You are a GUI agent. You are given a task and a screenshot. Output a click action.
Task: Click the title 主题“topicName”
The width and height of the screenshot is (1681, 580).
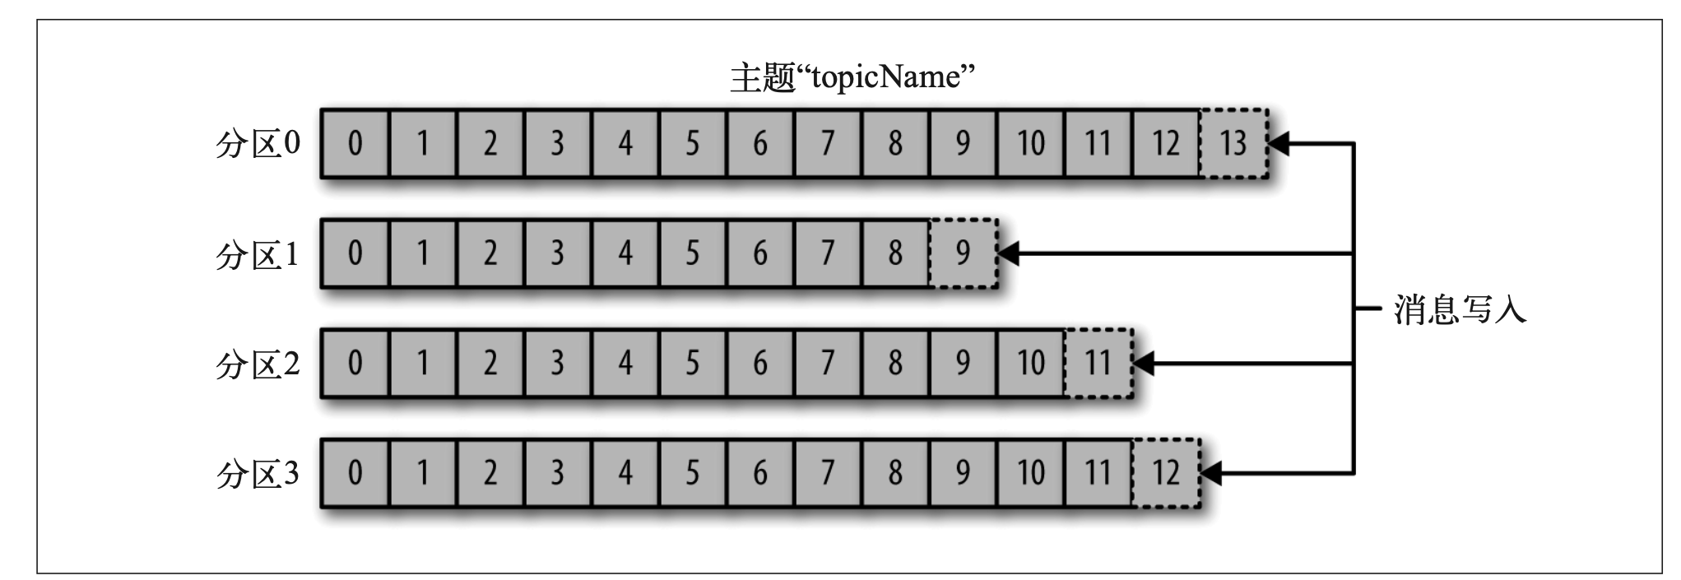pos(852,77)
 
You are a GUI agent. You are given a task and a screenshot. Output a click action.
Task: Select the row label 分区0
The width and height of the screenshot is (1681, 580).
pos(258,144)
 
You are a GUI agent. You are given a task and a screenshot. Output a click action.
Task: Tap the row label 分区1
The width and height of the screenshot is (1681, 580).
pos(258,255)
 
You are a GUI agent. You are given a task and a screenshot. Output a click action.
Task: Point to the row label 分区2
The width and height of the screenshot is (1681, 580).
pos(258,364)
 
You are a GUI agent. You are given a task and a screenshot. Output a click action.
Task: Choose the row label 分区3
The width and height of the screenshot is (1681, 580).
pos(258,474)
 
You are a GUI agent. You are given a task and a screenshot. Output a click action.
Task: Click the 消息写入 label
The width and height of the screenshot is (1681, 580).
pos(1460,309)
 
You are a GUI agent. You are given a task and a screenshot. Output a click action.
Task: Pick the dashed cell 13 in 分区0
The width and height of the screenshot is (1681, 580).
pos(1233,144)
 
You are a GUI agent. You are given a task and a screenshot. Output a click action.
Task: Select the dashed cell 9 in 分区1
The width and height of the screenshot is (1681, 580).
pos(964,253)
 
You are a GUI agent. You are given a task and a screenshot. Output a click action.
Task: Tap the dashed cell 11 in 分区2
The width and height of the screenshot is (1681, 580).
pos(1098,363)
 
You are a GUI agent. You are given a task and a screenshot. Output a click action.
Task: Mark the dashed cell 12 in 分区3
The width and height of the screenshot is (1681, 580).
pos(1166,473)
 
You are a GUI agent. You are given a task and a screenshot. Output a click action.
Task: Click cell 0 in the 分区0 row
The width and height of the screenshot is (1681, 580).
pos(355,144)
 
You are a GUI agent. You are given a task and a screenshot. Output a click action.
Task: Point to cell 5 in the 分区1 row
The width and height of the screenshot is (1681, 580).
pos(693,253)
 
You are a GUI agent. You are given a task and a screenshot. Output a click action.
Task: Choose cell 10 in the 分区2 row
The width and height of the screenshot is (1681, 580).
pos(1031,363)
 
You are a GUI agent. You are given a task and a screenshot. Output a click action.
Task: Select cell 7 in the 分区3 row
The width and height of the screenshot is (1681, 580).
pos(828,473)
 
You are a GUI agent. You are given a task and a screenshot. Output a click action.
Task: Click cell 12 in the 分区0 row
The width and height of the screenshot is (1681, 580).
pos(1166,144)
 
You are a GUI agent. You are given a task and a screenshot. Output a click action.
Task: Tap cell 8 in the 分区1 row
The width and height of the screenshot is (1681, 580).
pos(895,253)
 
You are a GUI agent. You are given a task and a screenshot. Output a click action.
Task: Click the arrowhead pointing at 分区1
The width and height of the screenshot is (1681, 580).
pos(1009,253)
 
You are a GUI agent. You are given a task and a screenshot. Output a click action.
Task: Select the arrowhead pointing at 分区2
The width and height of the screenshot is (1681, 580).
pos(1144,363)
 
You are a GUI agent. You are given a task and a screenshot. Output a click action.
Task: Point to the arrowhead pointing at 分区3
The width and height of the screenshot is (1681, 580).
pos(1211,474)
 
